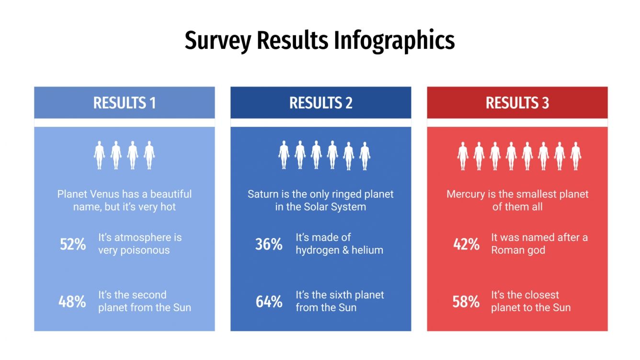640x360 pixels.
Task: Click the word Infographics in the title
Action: pos(394,40)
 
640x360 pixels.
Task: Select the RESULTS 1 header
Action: pos(125,103)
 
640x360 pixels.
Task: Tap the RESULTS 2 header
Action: pos(320,103)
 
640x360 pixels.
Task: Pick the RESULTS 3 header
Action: pos(517,103)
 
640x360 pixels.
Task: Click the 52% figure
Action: pos(73,244)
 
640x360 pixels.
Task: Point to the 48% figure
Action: pos(72,302)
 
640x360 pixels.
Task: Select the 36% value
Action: pos(269,244)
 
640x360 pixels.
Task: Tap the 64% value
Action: pos(269,302)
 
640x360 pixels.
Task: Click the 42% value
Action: pos(466,244)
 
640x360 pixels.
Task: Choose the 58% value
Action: pos(466,302)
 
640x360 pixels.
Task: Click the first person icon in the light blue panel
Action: pos(100,155)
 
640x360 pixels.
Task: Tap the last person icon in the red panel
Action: pos(576,155)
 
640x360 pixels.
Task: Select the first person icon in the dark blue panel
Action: pos(284,155)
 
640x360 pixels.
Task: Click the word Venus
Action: pos(105,194)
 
